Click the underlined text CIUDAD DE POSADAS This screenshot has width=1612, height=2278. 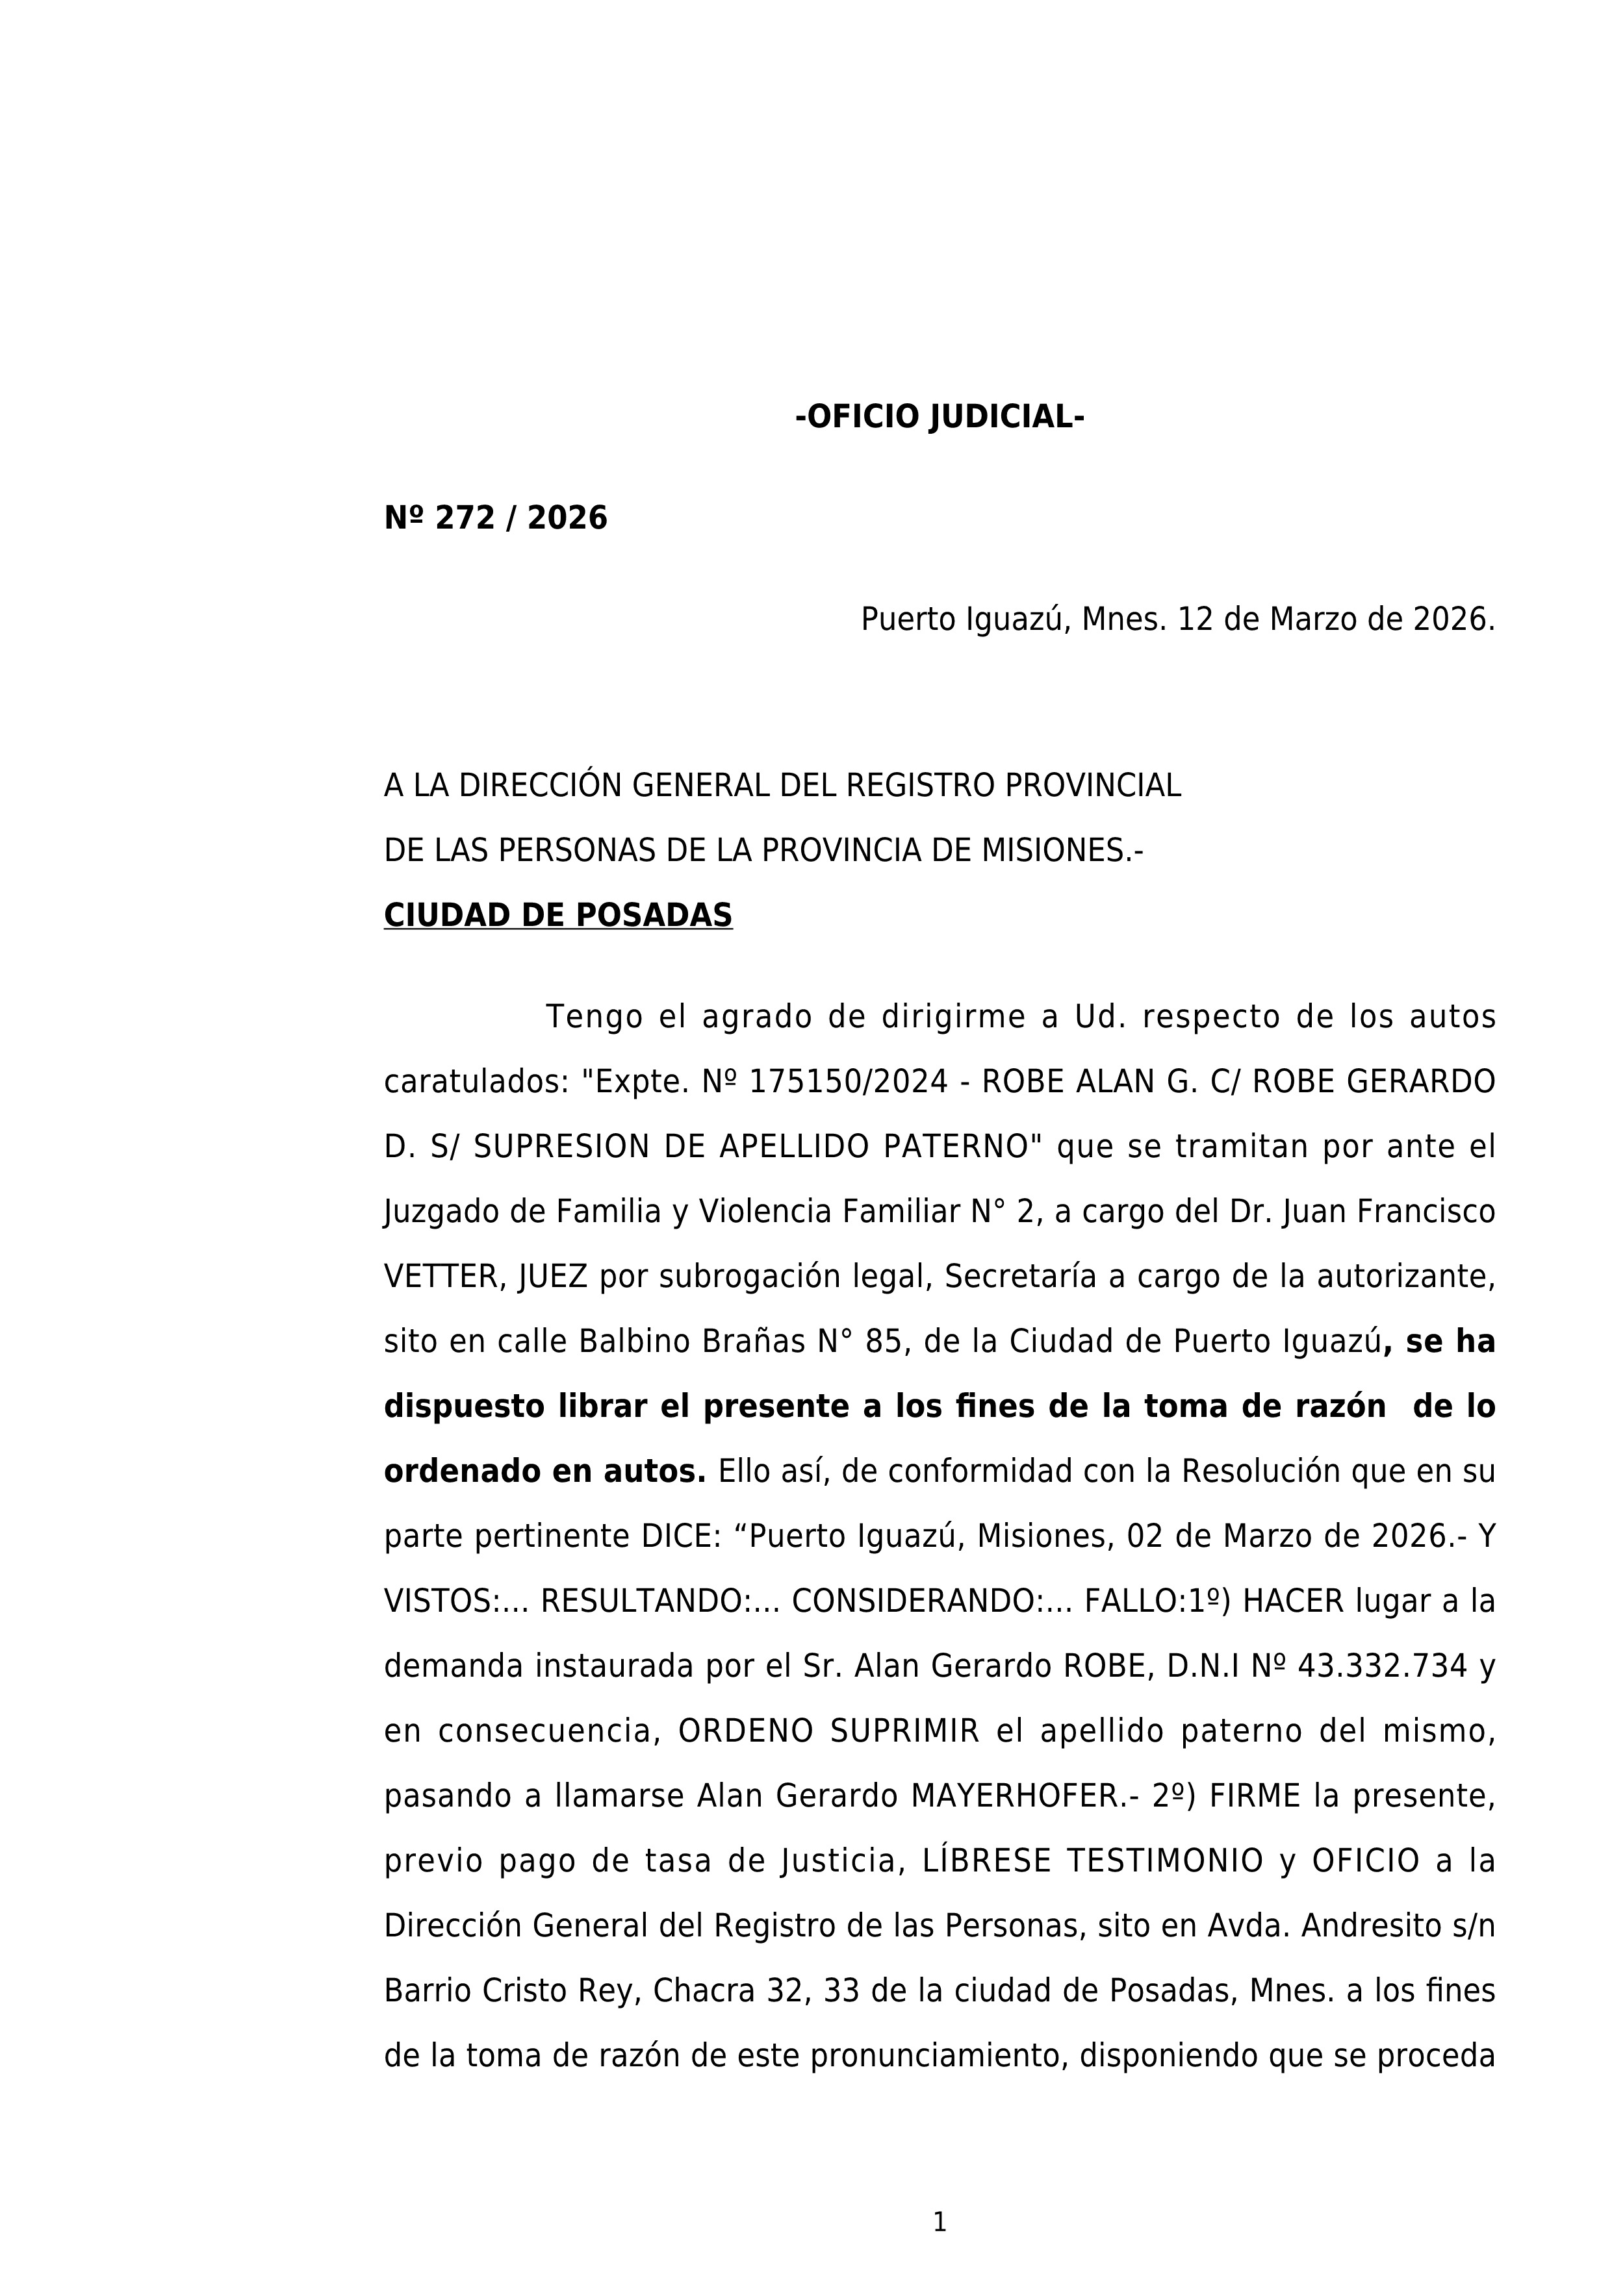(x=558, y=916)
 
